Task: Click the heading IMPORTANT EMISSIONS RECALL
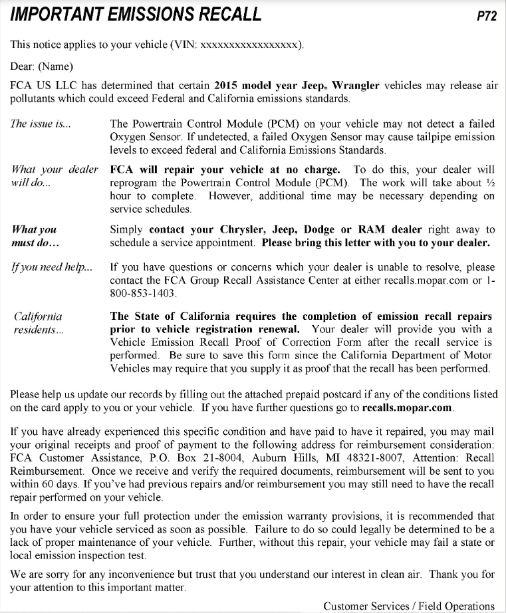tap(136, 15)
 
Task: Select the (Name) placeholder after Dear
tap(56, 66)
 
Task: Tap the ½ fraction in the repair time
tap(490, 183)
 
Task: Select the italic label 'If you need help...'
tap(51, 268)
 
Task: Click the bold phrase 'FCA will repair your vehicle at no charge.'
tap(225, 170)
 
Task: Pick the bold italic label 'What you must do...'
tap(35, 235)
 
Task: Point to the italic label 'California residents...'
tap(39, 323)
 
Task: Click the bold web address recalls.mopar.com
tap(407, 407)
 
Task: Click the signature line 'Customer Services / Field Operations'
tap(409, 606)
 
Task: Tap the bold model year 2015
tap(227, 86)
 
